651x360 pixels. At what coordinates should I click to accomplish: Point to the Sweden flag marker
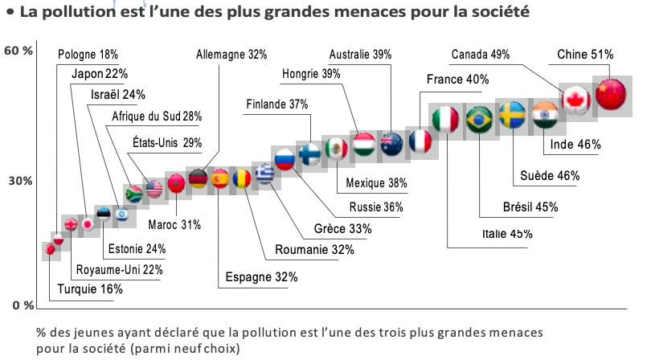pyautogui.click(x=513, y=117)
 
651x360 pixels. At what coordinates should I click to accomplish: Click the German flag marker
pyautogui.click(x=198, y=178)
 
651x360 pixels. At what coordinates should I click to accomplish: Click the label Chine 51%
pyautogui.click(x=585, y=55)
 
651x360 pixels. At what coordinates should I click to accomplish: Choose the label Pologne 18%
pyautogui.click(x=88, y=55)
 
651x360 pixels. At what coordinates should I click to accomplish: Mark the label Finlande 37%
pyautogui.click(x=277, y=104)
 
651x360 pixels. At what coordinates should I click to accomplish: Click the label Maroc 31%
pyautogui.click(x=175, y=224)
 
